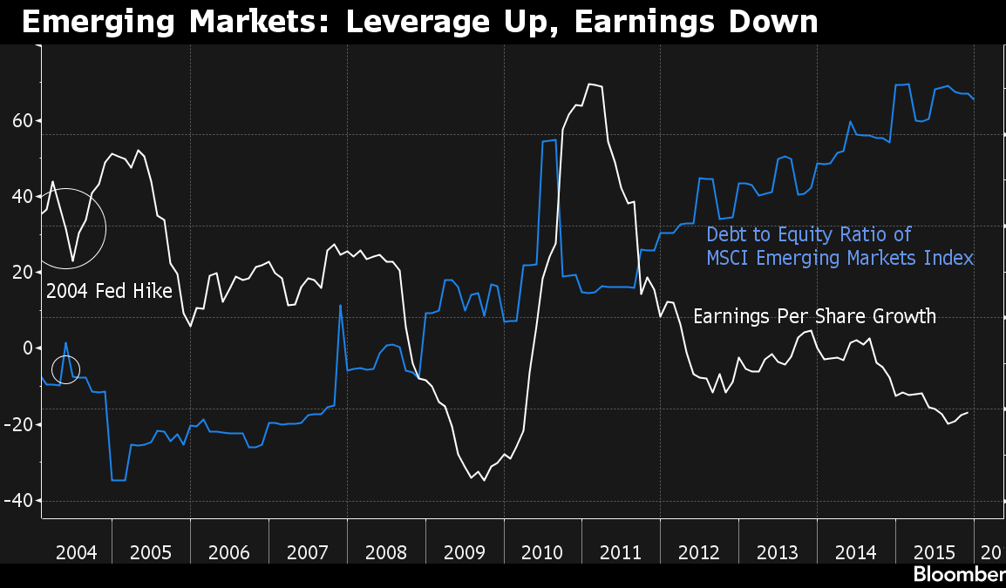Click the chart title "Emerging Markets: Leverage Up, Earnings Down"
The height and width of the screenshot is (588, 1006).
point(419,22)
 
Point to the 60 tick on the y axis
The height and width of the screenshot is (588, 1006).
point(23,120)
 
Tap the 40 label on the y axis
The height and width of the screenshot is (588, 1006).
point(23,196)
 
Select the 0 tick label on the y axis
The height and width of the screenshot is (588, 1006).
point(28,348)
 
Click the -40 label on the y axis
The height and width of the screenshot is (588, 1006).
point(18,500)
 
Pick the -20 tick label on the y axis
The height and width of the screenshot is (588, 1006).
point(18,424)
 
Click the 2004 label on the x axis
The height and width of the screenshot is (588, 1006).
point(77,552)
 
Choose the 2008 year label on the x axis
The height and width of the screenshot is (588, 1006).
point(386,552)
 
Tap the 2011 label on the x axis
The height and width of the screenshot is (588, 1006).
point(621,552)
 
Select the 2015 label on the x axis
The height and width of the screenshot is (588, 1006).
point(935,552)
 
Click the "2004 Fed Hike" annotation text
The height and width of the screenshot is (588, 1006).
point(109,291)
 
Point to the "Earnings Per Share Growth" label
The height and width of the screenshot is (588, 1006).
point(815,316)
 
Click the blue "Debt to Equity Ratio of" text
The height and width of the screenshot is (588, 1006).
point(808,234)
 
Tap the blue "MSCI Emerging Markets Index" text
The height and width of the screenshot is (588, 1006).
point(840,258)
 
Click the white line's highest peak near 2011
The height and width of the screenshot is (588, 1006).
point(589,84)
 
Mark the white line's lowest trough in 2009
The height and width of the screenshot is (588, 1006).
point(484,480)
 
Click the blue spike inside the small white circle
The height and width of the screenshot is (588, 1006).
point(65,343)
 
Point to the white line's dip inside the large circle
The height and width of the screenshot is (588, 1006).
point(72,260)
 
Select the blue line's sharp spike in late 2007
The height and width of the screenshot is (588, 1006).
point(340,306)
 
